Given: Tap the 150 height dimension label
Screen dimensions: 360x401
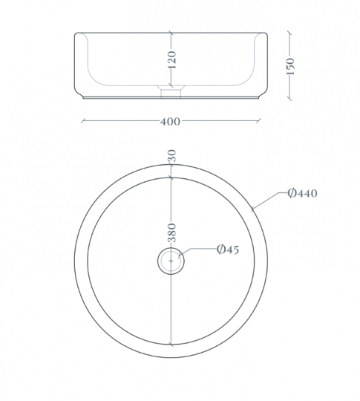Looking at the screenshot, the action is (x=290, y=66).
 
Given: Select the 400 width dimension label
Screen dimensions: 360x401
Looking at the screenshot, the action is (x=170, y=122).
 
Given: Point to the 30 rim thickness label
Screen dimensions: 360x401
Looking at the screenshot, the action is (x=172, y=155).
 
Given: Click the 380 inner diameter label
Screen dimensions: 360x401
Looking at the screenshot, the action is (x=172, y=232).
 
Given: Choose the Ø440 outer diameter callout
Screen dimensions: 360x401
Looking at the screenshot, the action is (x=302, y=193).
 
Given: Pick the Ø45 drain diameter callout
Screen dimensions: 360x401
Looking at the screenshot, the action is (x=228, y=250).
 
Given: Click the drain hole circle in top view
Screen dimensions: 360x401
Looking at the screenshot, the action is (x=171, y=261).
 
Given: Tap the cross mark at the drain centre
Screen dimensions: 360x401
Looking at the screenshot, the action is (x=171, y=261).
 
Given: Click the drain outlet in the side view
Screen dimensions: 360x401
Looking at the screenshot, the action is (x=171, y=92).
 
